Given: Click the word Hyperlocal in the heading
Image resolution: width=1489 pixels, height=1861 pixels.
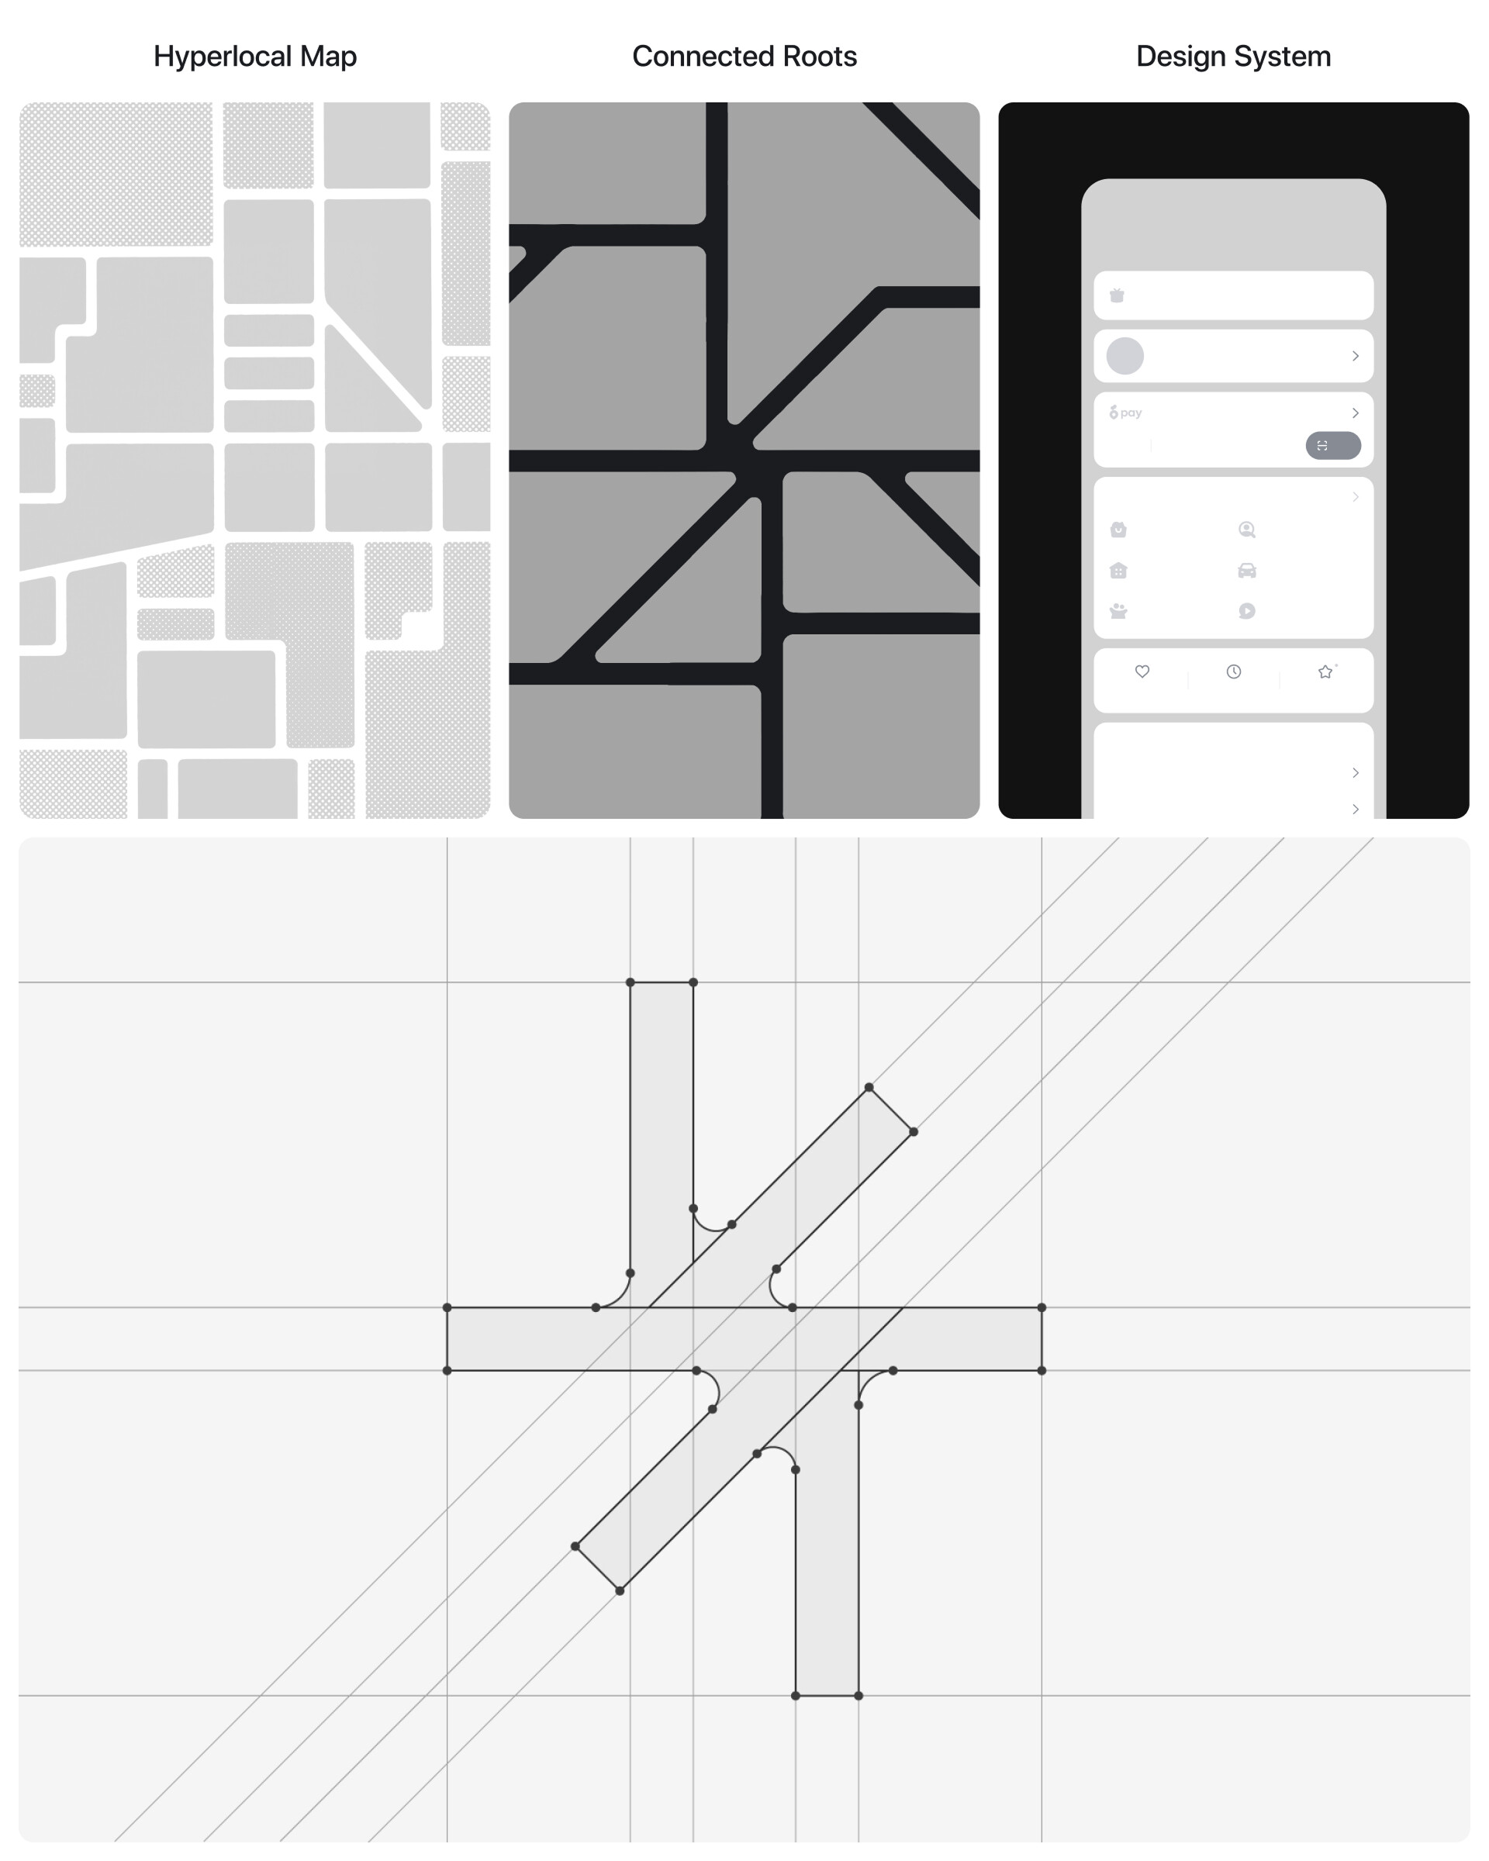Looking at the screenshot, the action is pyautogui.click(x=223, y=57).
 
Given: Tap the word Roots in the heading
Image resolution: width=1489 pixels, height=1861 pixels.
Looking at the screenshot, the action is pyautogui.click(x=819, y=56).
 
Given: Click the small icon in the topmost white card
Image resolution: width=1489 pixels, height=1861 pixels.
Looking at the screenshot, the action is pyautogui.click(x=1116, y=295).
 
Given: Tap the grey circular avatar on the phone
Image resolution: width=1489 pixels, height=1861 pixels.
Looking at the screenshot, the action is pyautogui.click(x=1125, y=356).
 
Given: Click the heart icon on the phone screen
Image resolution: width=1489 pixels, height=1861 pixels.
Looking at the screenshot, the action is pyautogui.click(x=1142, y=672).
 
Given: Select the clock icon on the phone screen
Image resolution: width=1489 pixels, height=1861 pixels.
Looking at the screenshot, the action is pyautogui.click(x=1234, y=672).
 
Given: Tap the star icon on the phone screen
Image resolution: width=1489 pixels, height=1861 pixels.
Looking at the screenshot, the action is pyautogui.click(x=1326, y=672).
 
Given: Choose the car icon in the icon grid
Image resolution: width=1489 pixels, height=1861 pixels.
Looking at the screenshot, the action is pyautogui.click(x=1246, y=571).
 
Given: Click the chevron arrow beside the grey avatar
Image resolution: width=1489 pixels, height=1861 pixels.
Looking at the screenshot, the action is pyautogui.click(x=1355, y=356).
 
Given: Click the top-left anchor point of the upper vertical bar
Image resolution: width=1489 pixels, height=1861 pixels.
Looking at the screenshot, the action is pyautogui.click(x=630, y=982).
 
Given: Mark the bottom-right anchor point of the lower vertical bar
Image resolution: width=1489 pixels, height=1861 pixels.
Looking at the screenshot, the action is pyautogui.click(x=858, y=1695).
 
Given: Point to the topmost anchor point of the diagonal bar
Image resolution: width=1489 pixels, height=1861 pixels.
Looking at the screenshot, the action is pyautogui.click(x=869, y=1088).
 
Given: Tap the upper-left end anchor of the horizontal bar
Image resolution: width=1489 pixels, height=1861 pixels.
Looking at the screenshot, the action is pyautogui.click(x=447, y=1307).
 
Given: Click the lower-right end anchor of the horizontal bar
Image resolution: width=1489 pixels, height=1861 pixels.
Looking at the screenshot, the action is pyautogui.click(x=1042, y=1370).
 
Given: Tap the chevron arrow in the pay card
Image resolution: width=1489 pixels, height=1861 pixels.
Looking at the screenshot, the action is pyautogui.click(x=1355, y=413).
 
